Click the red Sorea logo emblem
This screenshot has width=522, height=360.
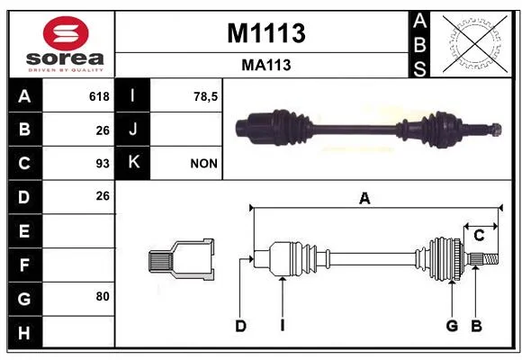click(66, 33)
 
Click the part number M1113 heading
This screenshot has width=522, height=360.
click(266, 33)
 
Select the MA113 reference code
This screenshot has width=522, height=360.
click(266, 65)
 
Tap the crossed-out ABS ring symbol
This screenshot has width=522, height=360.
click(475, 43)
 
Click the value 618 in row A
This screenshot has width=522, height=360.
click(99, 96)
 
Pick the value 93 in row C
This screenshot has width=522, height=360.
click(103, 164)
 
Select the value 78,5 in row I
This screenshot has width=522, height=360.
click(205, 96)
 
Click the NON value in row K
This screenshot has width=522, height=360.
click(203, 164)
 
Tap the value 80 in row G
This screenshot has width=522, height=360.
click(103, 296)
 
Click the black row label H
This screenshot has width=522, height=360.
click(24, 332)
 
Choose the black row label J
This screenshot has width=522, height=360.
click(132, 129)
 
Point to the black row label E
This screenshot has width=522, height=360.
click(24, 230)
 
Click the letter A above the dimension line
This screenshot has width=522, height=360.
click(364, 198)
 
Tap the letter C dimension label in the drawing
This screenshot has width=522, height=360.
click(479, 236)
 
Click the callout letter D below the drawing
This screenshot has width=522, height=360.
click(240, 326)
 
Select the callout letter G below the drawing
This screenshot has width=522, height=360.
click(452, 326)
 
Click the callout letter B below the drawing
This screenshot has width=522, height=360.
click(476, 326)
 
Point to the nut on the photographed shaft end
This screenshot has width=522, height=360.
click(496, 130)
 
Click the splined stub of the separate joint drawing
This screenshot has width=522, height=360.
click(160, 260)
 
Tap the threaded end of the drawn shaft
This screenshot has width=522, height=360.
click(490, 259)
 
